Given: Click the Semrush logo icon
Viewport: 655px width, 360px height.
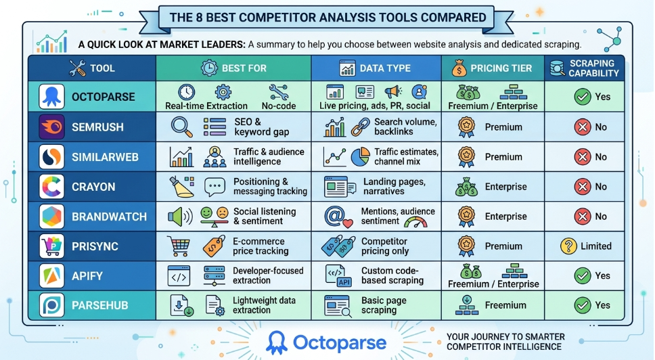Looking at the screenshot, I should (51, 127).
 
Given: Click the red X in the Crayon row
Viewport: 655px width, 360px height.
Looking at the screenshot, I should (582, 187).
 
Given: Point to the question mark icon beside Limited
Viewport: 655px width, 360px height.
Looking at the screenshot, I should (568, 246).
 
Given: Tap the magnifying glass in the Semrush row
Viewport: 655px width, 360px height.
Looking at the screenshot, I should (181, 127).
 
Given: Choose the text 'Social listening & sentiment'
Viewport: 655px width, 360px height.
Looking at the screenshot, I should (265, 217).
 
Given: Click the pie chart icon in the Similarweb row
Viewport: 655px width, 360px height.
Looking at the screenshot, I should (361, 157).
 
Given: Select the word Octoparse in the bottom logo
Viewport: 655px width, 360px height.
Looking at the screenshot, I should (340, 342).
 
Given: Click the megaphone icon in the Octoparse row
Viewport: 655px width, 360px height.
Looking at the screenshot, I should (393, 92).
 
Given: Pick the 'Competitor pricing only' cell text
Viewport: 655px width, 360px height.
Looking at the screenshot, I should (384, 246).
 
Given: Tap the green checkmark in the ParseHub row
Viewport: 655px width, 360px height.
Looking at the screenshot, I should (582, 305).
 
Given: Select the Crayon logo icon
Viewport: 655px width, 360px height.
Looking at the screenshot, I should (51, 187).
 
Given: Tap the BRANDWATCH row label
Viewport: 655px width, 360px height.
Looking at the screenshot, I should (109, 217).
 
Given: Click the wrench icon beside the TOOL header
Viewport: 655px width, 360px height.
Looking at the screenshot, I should (78, 68).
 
